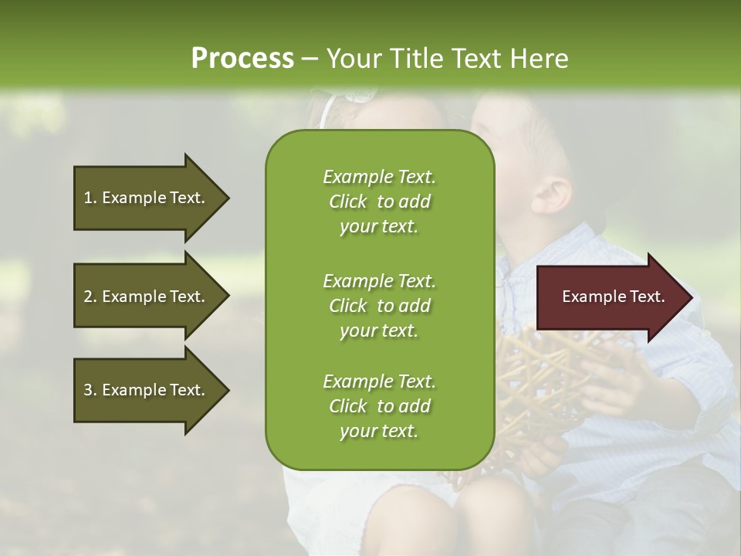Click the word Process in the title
(242, 59)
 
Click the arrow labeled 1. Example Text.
(151, 198)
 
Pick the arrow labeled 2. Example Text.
(151, 296)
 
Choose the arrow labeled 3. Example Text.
(151, 390)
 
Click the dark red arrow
(614, 297)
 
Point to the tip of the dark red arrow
(693, 297)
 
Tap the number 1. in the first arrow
(90, 198)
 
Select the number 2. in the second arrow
(90, 297)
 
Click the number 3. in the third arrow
(90, 390)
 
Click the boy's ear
(551, 195)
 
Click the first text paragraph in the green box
(380, 202)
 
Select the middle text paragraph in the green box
(380, 306)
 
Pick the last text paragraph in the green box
(380, 406)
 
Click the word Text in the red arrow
(648, 297)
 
